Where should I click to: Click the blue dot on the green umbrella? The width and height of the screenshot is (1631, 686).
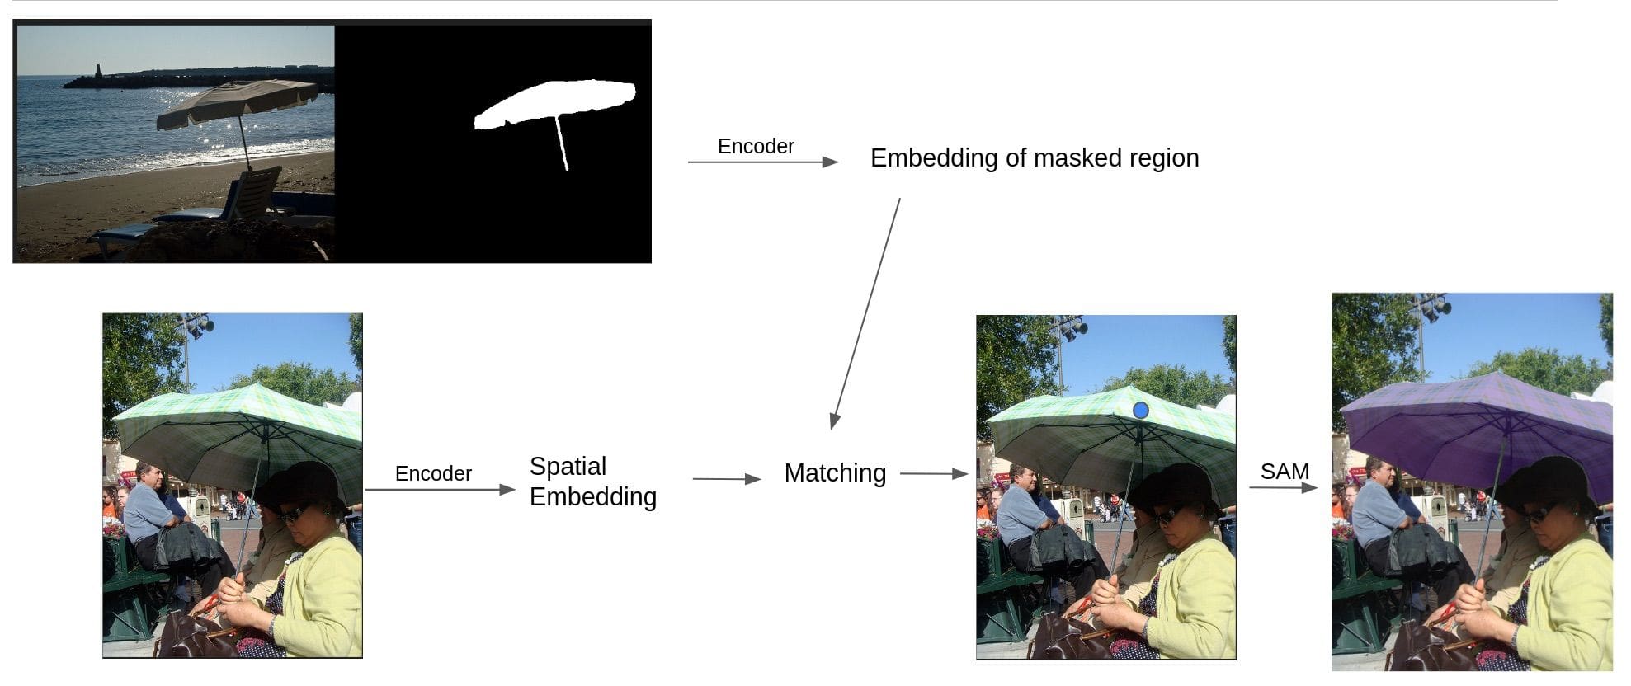1141,410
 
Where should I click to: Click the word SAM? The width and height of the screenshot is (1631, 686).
1285,472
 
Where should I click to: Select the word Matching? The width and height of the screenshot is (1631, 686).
835,473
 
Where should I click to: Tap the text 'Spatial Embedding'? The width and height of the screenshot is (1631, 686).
592,482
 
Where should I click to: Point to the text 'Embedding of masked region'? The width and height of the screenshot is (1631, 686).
1035,158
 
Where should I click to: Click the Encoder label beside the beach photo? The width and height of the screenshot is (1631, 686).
756,147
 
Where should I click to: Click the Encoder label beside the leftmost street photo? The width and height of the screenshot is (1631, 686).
433,474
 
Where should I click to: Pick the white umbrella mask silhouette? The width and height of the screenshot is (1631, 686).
554,103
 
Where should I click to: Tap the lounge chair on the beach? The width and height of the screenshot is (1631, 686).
247,198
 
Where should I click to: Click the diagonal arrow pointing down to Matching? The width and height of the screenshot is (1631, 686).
865,313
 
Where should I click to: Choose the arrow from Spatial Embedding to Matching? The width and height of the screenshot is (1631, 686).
726,479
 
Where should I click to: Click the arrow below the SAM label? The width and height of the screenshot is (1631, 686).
1283,487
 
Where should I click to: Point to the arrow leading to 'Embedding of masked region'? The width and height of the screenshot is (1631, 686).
762,162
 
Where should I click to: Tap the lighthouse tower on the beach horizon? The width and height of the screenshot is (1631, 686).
99,71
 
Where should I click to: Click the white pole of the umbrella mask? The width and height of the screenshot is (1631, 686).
563,144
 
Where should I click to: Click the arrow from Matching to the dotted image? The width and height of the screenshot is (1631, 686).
933,474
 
